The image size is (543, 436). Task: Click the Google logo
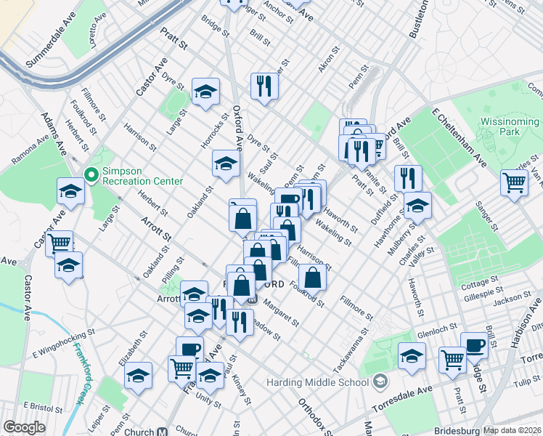[x=24, y=427]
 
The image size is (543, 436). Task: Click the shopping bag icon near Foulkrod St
[x=312, y=277]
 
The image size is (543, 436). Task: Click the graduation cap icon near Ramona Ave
[x=71, y=190]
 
